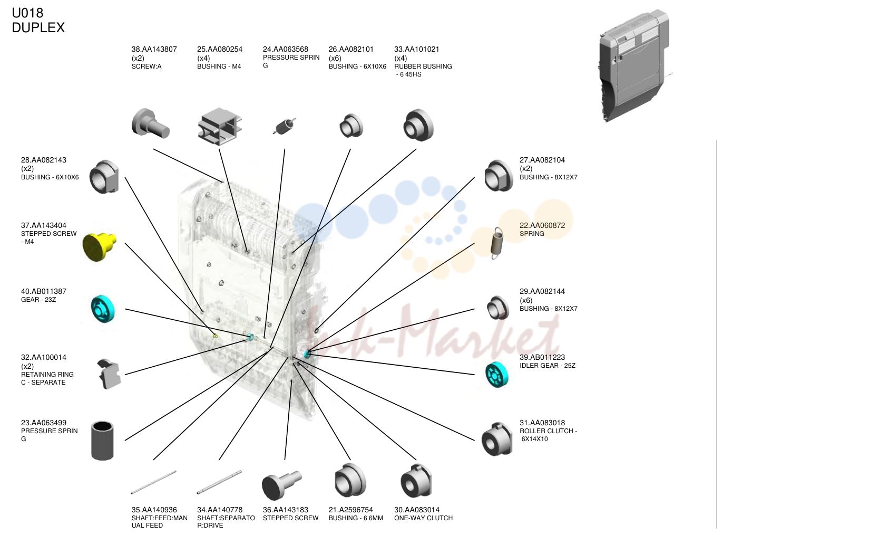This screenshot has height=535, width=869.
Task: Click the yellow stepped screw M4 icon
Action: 99,246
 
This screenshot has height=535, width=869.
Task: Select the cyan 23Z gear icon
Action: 103,309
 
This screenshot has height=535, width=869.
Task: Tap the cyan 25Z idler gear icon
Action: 496,375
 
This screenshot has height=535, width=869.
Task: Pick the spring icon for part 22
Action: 497,243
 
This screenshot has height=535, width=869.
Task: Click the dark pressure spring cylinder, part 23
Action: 102,441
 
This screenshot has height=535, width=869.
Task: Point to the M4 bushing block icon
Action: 220,126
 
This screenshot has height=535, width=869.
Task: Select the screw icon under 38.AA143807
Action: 150,123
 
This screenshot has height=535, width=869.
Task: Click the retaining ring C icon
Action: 109,374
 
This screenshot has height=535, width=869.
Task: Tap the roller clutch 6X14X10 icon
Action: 497,439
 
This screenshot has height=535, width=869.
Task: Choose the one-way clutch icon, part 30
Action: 416,481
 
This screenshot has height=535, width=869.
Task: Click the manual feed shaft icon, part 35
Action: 154,482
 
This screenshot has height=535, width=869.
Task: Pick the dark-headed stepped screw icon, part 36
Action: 281,485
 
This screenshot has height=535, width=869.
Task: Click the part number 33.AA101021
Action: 417,50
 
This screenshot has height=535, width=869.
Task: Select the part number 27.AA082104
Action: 542,160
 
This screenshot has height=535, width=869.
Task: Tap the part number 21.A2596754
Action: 350,510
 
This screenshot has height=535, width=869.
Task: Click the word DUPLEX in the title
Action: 38,27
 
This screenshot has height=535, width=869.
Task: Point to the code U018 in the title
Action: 27,13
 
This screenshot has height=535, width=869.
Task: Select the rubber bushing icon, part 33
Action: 418,125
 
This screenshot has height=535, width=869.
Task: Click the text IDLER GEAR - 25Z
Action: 548,366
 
